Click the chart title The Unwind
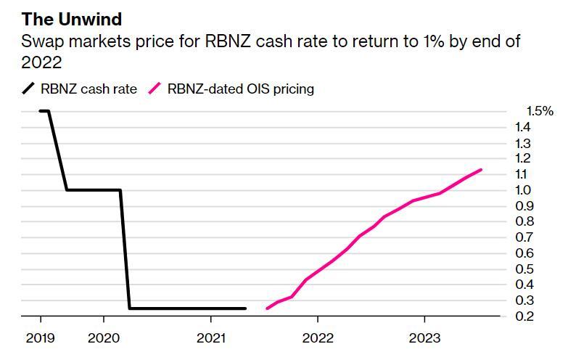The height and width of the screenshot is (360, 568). tap(71, 19)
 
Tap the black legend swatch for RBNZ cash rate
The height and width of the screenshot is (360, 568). tap(28, 89)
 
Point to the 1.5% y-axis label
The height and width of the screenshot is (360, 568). tap(539, 111)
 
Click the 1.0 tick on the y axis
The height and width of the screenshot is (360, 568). tap(524, 190)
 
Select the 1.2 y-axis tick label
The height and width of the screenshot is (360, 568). tap(524, 158)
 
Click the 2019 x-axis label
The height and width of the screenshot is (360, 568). tap(40, 337)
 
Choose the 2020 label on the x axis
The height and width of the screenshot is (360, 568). tap(103, 337)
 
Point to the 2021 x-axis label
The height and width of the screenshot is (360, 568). tap(210, 337)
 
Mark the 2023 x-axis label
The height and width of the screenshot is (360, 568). tap(424, 337)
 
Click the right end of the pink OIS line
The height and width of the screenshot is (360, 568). tap(481, 170)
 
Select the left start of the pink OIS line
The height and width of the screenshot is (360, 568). tap(268, 308)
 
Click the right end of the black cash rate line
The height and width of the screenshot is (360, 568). tap(245, 308)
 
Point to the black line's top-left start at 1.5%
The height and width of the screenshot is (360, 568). tap(41, 111)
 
